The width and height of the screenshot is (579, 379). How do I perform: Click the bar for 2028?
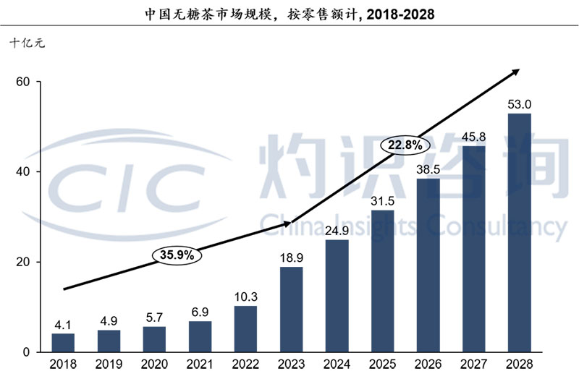point(519,232)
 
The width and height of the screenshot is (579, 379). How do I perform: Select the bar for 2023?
point(291,309)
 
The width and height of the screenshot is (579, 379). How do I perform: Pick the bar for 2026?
point(428,265)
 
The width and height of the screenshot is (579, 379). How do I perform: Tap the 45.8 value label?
point(473,137)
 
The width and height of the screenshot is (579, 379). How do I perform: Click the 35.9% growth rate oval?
point(177,255)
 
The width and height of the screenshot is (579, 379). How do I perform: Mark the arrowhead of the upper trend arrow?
point(516,71)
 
